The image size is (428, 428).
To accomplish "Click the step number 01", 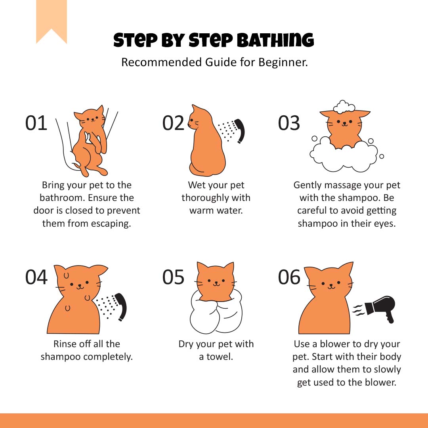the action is [x=36, y=123].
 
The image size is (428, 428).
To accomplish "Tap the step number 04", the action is [x=36, y=277].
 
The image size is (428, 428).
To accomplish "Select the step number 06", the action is [x=289, y=277].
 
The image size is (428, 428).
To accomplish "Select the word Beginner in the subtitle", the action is [x=283, y=63].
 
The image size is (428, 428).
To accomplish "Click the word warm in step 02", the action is [x=201, y=210].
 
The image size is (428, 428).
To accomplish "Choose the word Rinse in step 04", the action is [x=65, y=344].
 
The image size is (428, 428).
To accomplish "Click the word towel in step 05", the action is [x=220, y=357].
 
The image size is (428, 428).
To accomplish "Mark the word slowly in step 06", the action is [x=387, y=370].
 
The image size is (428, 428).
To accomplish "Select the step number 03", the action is [x=289, y=123].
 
